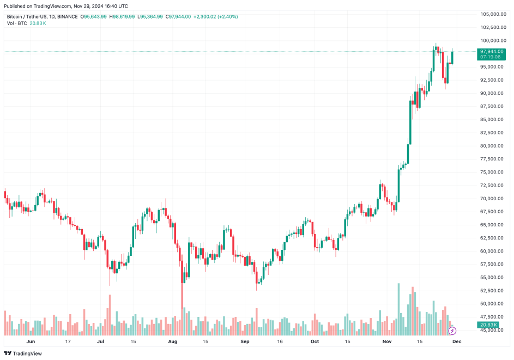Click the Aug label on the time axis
point(173,341)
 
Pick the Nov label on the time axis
point(387,341)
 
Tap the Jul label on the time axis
point(101,341)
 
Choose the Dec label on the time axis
point(457,341)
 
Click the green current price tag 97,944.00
point(491,51)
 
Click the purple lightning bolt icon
point(452,330)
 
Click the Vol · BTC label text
point(16,23)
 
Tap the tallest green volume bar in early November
point(399,309)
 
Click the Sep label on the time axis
point(245,341)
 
